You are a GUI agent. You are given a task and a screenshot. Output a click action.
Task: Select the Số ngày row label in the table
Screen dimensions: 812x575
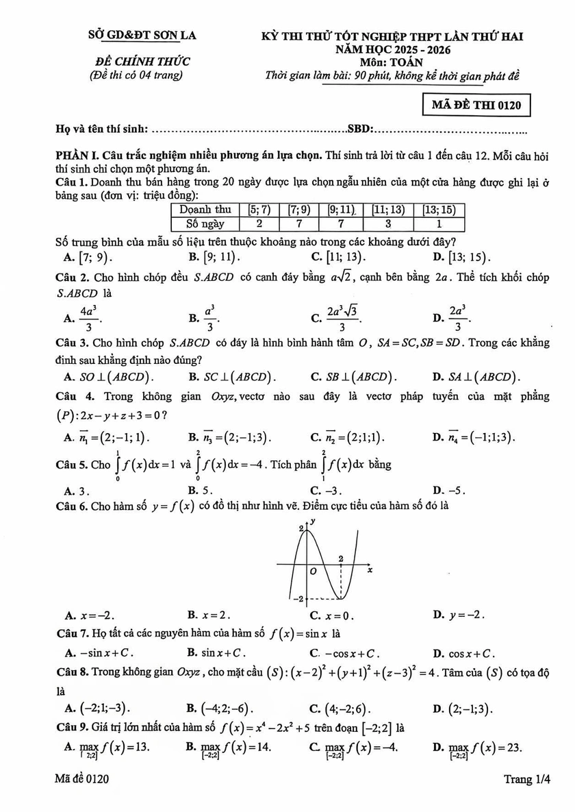[205, 223]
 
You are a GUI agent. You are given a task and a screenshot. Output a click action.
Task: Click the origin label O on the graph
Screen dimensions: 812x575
[312, 570]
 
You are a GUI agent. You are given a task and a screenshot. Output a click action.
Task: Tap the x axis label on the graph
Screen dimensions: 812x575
[370, 570]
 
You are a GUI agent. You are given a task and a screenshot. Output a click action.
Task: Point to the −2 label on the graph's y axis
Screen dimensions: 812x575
[296, 600]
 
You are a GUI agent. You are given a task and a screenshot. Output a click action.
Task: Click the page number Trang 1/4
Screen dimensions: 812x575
[526, 779]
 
